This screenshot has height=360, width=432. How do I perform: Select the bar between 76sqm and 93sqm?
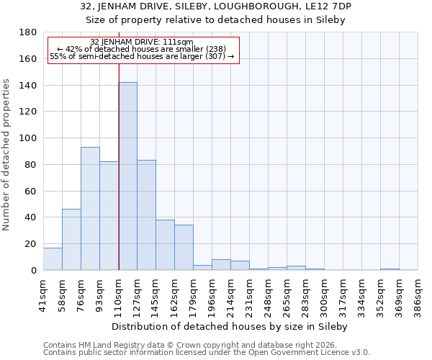point(90,209)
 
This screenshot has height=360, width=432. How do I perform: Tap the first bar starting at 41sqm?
point(53,258)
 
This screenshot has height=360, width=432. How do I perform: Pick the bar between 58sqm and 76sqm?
point(71,240)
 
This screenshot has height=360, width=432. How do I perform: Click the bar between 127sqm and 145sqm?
point(146,215)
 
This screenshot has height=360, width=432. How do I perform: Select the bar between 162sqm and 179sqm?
point(184,248)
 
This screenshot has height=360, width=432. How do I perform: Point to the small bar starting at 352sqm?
point(390,269)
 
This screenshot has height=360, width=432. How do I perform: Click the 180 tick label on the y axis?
point(28,32)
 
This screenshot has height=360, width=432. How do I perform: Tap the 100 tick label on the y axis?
point(28,138)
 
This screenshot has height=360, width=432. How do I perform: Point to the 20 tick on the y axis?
point(31,244)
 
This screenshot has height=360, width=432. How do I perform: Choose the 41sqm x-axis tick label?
point(43,293)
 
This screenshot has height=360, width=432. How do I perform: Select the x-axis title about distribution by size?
point(230,326)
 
